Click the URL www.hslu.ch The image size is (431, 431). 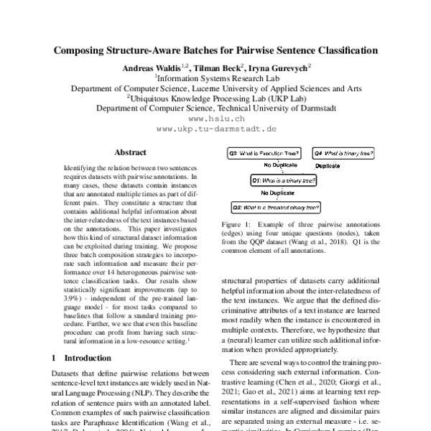pyautogui.click(x=215, y=118)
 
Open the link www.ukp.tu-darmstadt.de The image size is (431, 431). pyautogui.click(x=215, y=129)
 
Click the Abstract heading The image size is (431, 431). pyautogui.click(x=130, y=152)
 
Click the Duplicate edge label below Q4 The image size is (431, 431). pyautogui.click(x=331, y=166)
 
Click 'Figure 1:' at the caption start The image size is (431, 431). pyautogui.click(x=234, y=225)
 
